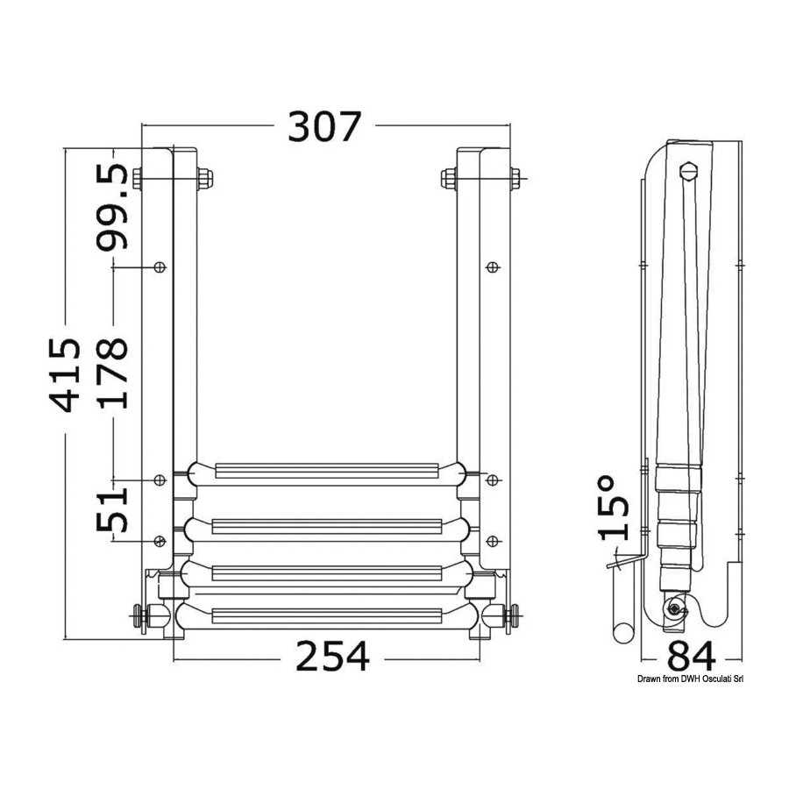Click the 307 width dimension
coord(324,126)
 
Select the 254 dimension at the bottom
coord(332,656)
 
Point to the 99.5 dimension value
coord(111,207)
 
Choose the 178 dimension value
coord(111,373)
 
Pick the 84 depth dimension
coord(691,656)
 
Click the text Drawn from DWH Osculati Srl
coord(690,679)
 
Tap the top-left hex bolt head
coord(138,178)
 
